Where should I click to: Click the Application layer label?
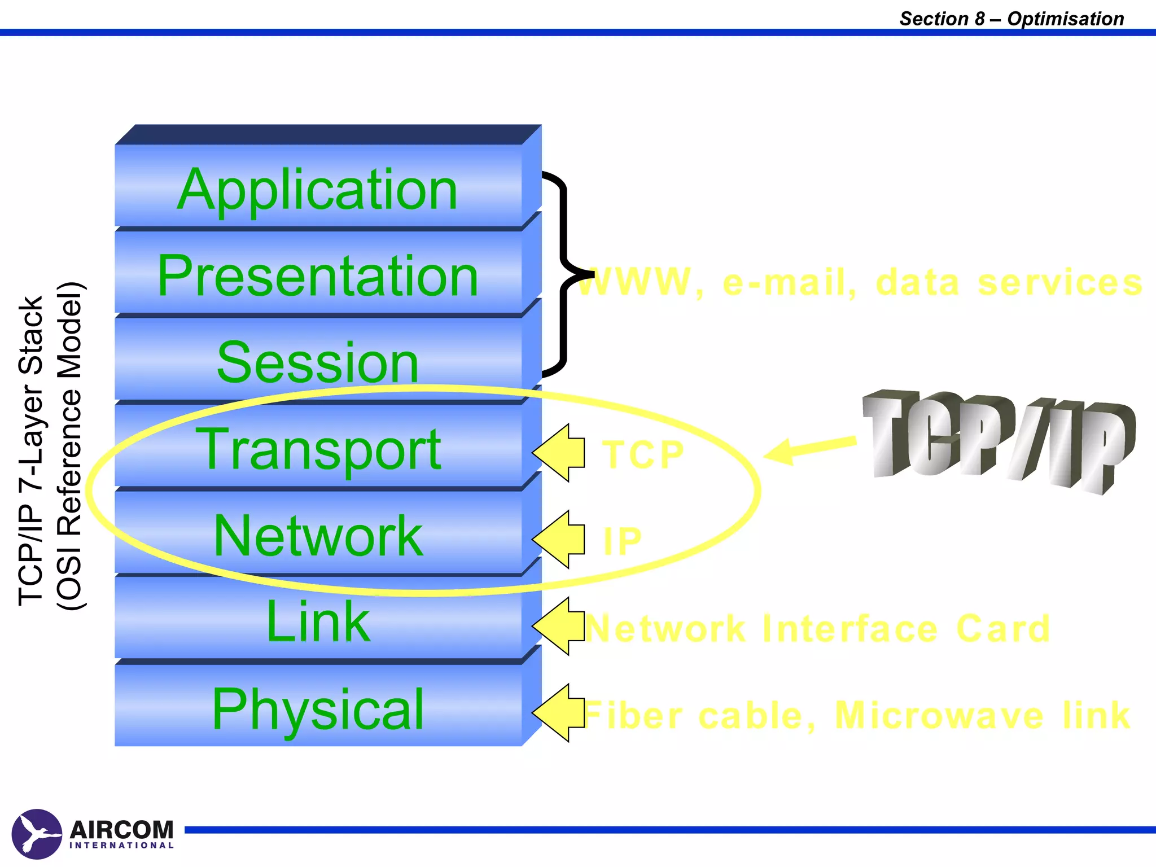(317, 190)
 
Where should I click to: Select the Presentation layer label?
(317, 276)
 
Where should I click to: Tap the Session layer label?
(317, 362)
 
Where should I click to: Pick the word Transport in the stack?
(317, 449)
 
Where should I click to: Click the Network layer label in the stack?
(317, 536)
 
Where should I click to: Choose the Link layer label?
(317, 621)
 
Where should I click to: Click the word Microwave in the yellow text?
(939, 716)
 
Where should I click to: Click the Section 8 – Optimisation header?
(1011, 19)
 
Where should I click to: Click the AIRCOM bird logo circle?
(37, 834)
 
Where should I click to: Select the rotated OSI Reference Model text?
(71, 446)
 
